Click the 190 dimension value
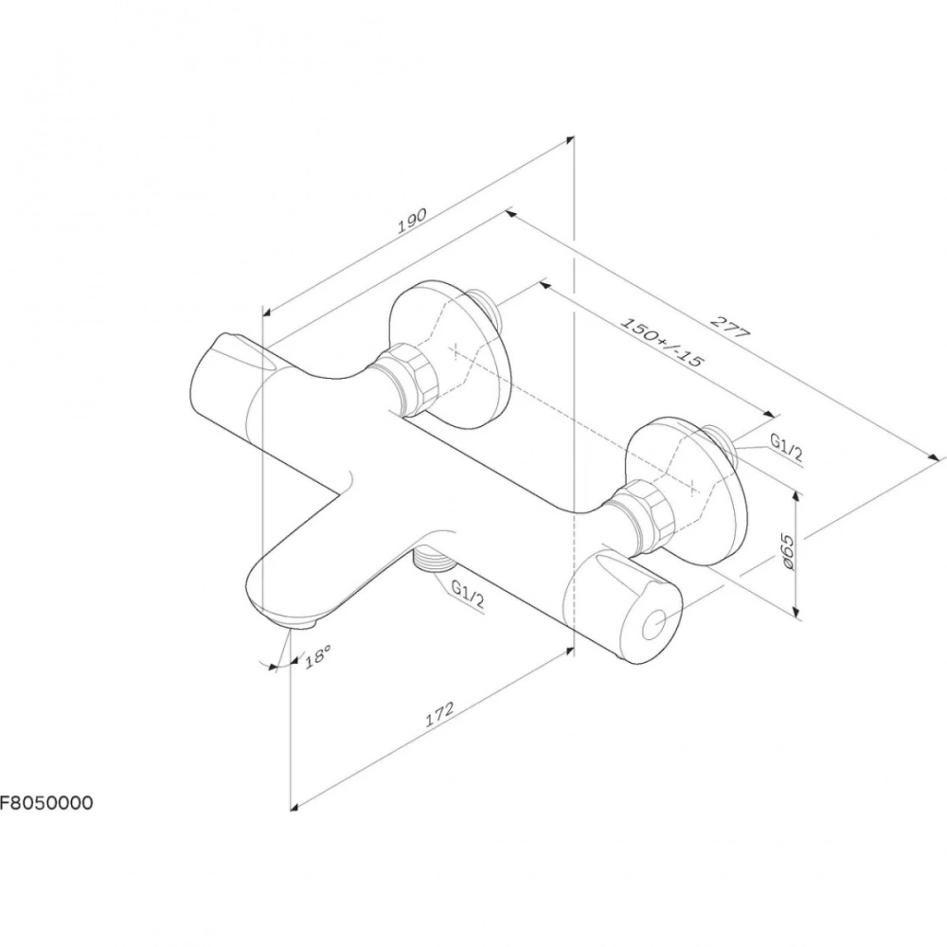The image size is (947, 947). [x=413, y=221]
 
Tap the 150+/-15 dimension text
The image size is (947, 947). [x=662, y=342]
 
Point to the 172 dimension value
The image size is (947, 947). [x=439, y=714]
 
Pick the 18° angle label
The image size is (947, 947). [x=317, y=655]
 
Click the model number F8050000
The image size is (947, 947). [x=46, y=803]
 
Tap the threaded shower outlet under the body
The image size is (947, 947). [x=433, y=560]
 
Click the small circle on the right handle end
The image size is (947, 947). [x=654, y=625]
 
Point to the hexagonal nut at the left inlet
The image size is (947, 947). [x=402, y=379]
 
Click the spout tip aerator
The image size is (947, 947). [x=294, y=620]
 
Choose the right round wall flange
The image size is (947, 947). [x=687, y=491]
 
